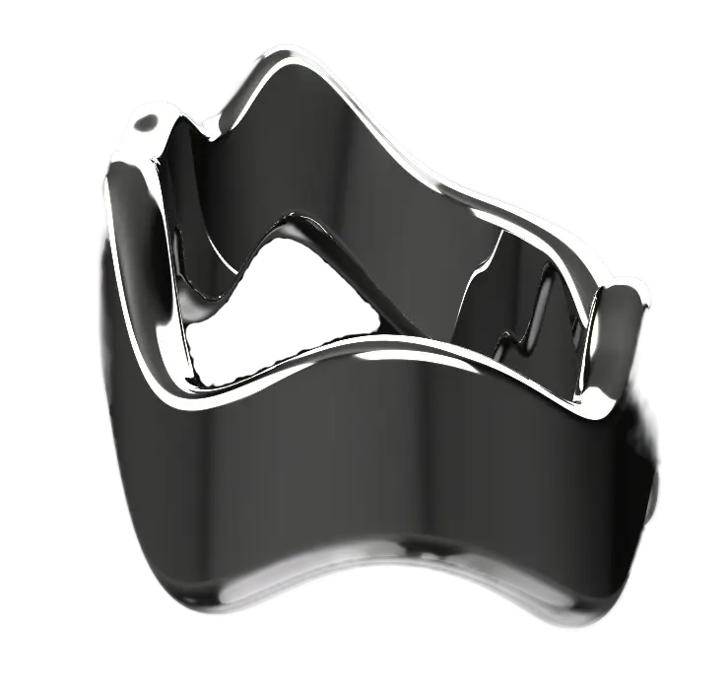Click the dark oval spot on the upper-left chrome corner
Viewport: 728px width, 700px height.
point(147,126)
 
